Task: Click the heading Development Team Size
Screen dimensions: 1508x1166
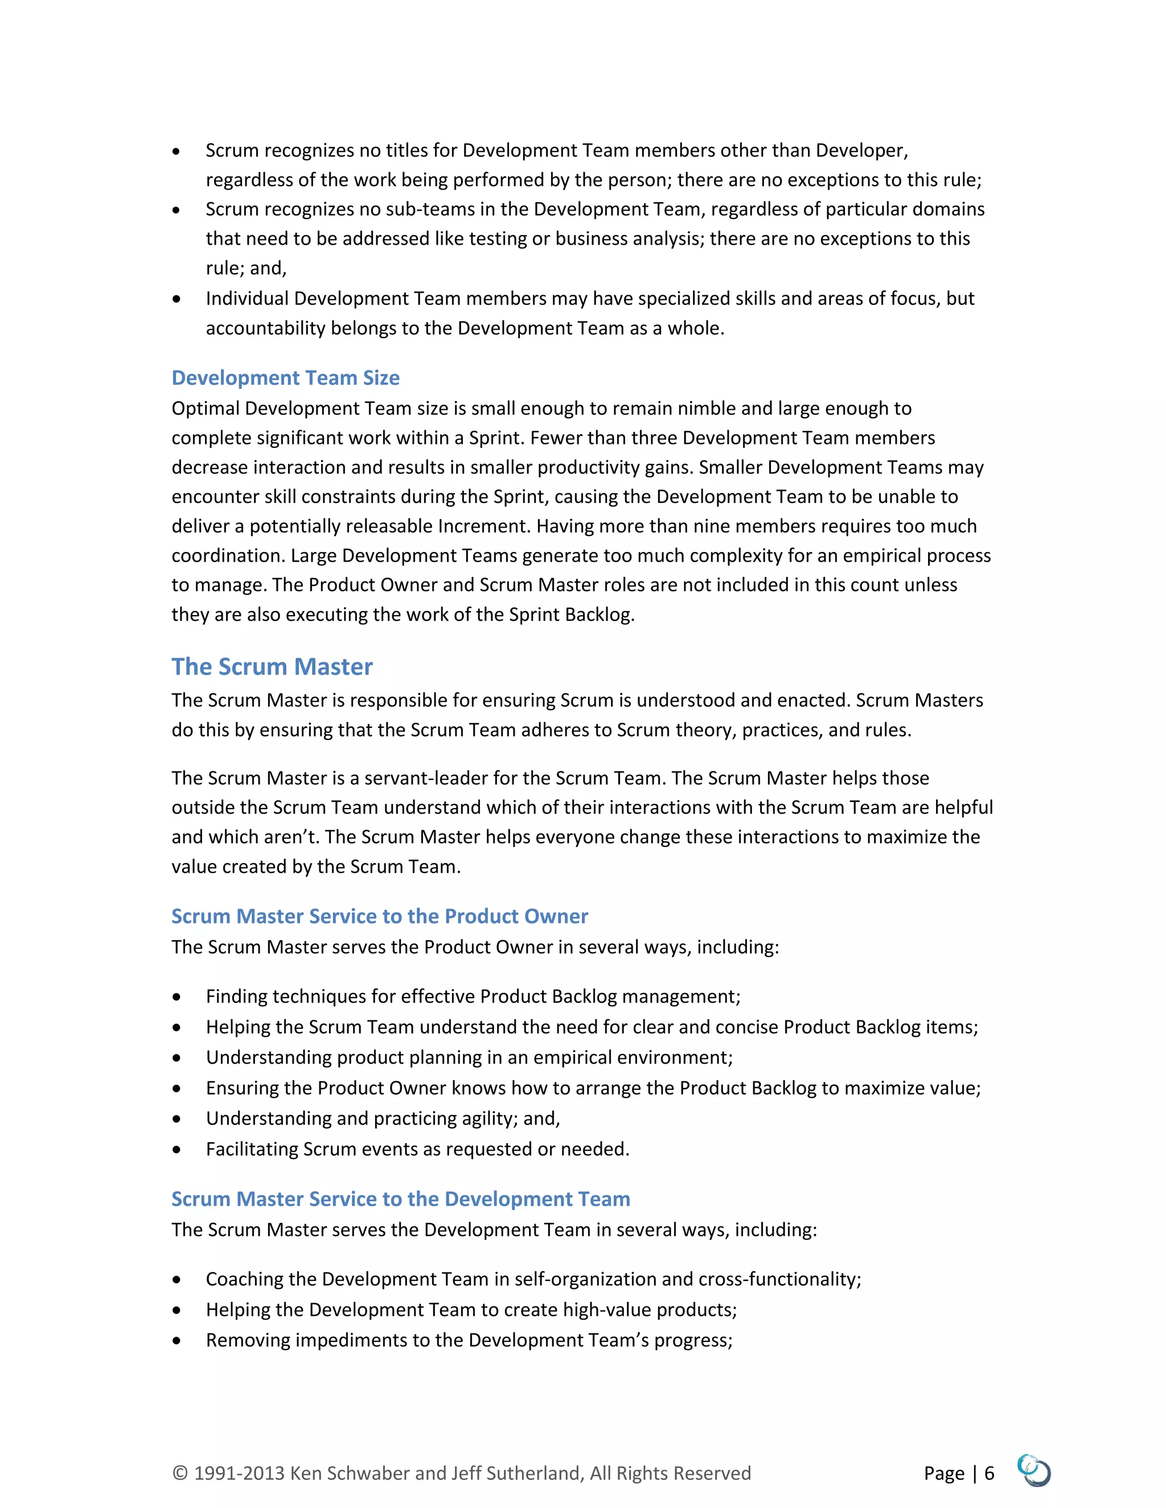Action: (285, 378)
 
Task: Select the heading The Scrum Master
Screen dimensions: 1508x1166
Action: (272, 666)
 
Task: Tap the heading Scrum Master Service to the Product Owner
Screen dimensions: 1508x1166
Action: (379, 916)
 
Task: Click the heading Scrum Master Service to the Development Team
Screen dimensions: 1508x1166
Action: (401, 1198)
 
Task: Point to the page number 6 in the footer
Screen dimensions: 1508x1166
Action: (989, 1473)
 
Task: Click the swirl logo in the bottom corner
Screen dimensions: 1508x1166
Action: (1034, 1470)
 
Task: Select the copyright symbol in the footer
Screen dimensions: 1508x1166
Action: (179, 1473)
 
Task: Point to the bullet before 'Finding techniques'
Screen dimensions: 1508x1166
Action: (177, 997)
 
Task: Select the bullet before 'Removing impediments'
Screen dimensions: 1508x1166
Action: (177, 1341)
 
